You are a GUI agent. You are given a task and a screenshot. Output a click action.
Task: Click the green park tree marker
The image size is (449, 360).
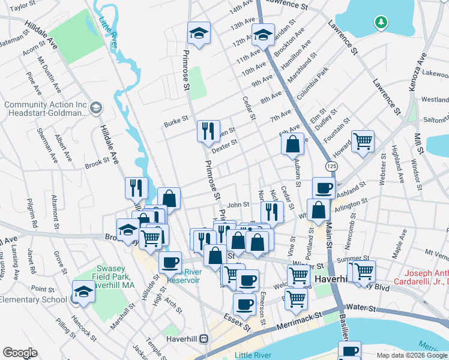click(379, 23)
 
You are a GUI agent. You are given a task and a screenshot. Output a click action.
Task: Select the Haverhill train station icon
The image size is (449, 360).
click(204, 338)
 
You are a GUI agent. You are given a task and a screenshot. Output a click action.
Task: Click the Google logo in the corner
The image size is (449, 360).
click(19, 353)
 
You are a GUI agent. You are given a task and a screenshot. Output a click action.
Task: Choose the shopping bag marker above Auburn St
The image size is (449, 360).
click(292, 144)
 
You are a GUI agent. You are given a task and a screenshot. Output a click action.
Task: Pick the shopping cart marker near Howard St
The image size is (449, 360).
click(363, 142)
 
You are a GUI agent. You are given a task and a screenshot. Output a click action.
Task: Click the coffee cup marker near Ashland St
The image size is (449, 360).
click(324, 188)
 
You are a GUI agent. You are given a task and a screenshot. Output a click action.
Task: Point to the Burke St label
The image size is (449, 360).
click(176, 124)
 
